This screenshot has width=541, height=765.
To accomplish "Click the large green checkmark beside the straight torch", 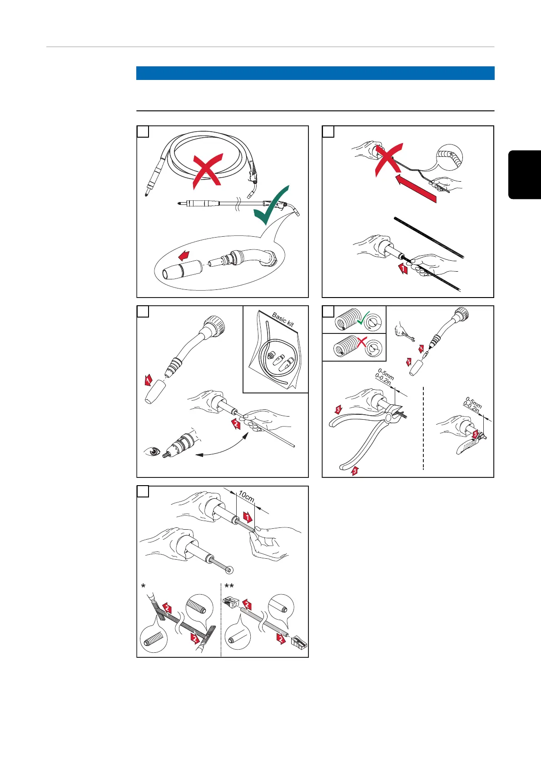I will point(271,207).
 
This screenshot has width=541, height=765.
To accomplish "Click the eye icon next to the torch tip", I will point(152,452).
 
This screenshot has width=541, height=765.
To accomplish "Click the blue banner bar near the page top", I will point(315,73).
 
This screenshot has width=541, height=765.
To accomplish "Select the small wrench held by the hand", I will point(413,338).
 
